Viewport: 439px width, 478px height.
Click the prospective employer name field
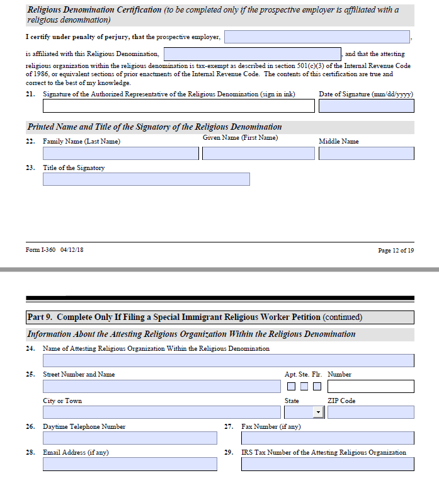coord(317,37)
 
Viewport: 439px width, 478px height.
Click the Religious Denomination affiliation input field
coord(252,54)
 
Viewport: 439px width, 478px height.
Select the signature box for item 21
coord(178,106)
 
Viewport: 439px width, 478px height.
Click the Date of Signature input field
coord(366,106)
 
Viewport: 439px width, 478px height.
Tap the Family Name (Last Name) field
coord(120,153)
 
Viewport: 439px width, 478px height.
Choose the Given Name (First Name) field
coord(258,153)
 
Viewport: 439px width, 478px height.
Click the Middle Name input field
coord(366,153)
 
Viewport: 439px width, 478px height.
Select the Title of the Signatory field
coord(146,179)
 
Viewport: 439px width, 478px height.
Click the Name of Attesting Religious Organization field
coord(228,360)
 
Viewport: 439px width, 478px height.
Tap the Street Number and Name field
coord(161,386)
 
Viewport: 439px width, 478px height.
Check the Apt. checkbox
coord(292,386)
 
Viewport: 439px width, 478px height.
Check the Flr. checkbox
coord(317,386)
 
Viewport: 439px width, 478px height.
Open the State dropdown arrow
coord(318,413)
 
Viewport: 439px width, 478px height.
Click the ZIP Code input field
coord(370,413)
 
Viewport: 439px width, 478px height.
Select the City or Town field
coord(161,413)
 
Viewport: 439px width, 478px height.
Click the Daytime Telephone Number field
coord(130,438)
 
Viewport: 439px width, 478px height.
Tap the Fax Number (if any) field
coord(327,438)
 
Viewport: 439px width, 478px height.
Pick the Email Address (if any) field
coord(130,464)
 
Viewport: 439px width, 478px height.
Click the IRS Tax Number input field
coord(327,464)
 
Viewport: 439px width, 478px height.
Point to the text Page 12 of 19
coord(396,251)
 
